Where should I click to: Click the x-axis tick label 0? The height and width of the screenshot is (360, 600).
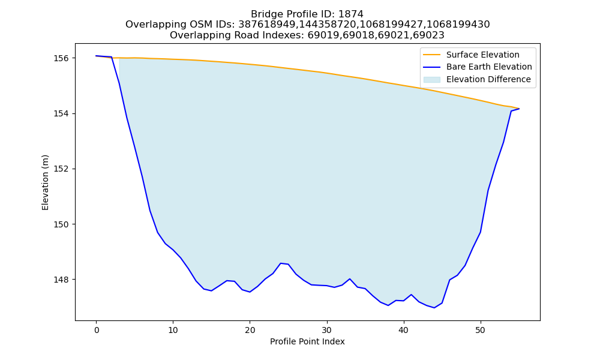97,331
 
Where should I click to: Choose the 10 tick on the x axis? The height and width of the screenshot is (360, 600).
173,331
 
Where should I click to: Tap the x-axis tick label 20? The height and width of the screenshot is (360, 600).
250,331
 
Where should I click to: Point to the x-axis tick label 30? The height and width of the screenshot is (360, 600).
327,331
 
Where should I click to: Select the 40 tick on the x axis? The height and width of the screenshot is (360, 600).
403,331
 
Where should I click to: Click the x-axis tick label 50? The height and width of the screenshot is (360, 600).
480,331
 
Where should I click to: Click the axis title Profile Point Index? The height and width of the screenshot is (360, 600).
307,341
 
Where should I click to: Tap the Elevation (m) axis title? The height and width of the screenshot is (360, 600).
45,182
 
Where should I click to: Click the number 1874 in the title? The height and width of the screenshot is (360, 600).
350,14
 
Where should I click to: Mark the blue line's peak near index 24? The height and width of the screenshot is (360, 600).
281,263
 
